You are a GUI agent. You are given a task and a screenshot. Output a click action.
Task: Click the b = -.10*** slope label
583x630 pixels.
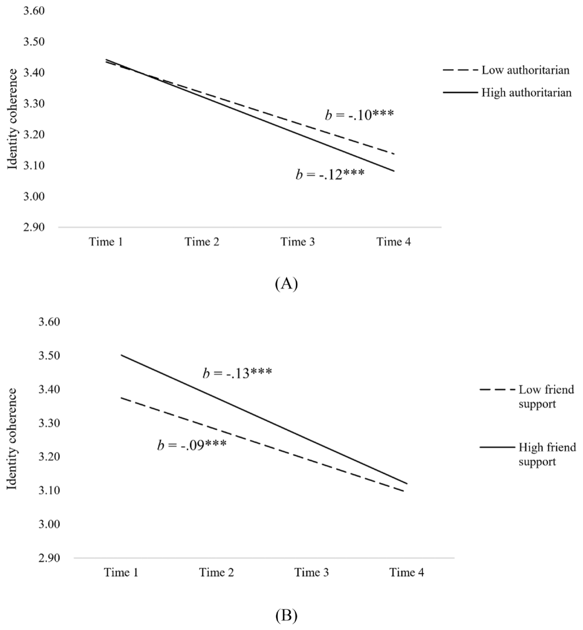359,115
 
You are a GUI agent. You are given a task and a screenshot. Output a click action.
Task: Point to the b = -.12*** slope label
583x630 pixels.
330,175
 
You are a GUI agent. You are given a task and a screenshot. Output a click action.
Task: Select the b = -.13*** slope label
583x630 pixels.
237,373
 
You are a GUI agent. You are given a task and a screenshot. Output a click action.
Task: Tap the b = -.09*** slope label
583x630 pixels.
192,445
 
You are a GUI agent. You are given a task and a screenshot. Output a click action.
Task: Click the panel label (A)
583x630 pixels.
286,284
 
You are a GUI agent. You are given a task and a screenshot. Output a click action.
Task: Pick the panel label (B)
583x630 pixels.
286,614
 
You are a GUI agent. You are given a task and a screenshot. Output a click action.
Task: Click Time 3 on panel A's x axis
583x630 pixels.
298,242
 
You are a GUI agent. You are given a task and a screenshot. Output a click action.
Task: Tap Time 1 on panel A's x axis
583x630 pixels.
106,242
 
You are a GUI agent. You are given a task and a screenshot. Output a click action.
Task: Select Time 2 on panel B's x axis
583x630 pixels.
216,573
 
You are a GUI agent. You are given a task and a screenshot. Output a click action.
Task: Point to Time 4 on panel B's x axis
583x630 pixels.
407,573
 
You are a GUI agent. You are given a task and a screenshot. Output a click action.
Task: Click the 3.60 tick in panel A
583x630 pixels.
34,11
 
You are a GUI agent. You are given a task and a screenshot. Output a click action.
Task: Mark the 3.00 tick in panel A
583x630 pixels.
34,197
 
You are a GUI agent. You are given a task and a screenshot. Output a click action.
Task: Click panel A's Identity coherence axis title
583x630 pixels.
13,119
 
